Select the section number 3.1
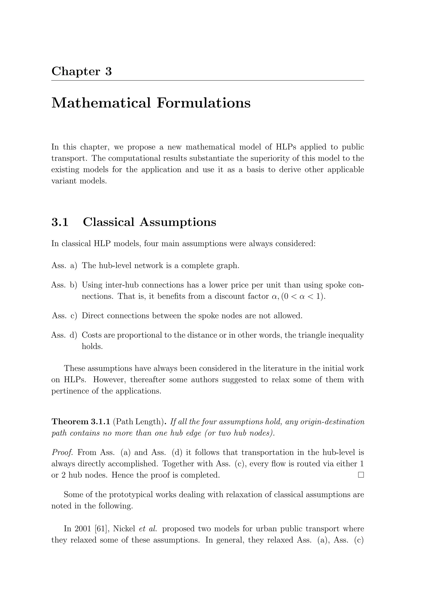(60, 222)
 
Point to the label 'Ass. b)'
(64, 285)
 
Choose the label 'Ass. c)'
(64, 316)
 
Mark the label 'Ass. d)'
(64, 335)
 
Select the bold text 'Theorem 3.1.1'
(81, 422)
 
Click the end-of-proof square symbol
(361, 475)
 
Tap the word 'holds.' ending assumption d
(92, 346)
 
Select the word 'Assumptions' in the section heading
(178, 222)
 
